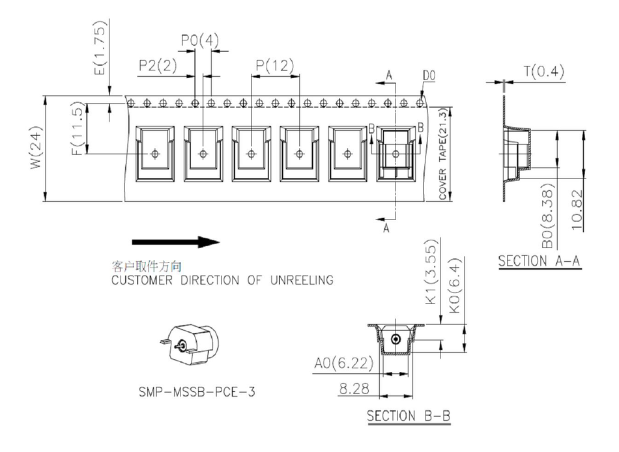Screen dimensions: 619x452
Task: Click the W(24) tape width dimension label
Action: [36, 148]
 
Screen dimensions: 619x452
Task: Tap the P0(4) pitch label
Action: [200, 40]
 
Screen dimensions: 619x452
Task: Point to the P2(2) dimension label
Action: [158, 65]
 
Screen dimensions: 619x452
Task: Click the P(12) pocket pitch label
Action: [275, 65]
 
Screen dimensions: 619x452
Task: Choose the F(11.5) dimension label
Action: [78, 129]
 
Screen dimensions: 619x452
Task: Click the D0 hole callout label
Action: [429, 76]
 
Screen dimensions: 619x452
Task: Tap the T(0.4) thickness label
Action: [543, 72]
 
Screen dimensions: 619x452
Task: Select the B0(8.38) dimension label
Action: [547, 216]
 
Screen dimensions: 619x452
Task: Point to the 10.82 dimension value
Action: [577, 210]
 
